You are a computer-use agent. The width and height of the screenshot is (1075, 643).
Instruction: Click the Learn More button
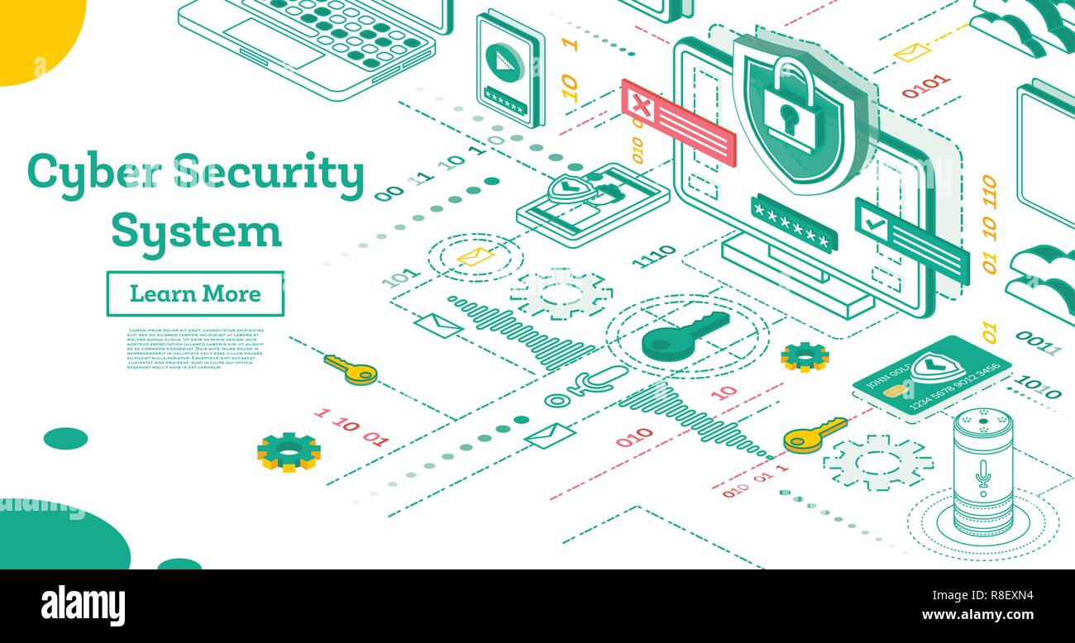pyautogui.click(x=195, y=293)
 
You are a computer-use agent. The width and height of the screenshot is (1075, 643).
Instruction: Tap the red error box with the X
pyautogui.click(x=678, y=122)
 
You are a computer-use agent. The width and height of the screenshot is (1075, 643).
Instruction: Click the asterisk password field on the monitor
pyautogui.click(x=793, y=222)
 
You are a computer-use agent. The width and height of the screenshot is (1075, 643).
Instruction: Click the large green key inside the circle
pyautogui.click(x=686, y=335)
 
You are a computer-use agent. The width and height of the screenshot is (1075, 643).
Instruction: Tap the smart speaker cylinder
pyautogui.click(x=982, y=471)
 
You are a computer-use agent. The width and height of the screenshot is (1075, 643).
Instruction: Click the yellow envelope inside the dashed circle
pyautogui.click(x=475, y=256)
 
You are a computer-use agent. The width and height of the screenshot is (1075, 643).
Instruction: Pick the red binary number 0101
pyautogui.click(x=925, y=85)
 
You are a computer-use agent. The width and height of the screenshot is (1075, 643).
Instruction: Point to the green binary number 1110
pyautogui.click(x=653, y=257)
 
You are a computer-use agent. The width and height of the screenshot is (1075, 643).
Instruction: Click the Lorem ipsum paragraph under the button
pyautogui.click(x=196, y=348)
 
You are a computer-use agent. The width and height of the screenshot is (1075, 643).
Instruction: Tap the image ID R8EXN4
pyautogui.click(x=1005, y=594)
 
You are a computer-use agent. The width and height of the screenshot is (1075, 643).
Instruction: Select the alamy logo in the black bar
pyautogui.click(x=83, y=605)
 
